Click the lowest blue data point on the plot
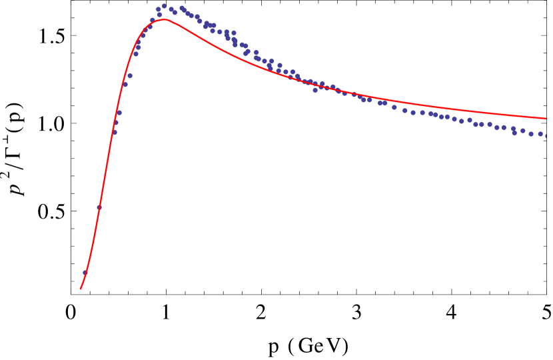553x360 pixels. click(85, 273)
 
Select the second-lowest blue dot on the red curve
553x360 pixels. click(99, 207)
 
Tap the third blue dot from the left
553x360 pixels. click(115, 133)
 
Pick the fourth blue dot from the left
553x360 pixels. click(116, 123)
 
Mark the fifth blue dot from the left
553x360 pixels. click(119, 113)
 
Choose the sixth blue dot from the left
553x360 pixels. click(125, 85)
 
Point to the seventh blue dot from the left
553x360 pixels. click(130, 76)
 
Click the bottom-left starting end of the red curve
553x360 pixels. click(81, 289)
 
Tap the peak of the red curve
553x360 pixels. click(165, 19)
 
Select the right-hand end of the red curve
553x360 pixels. click(546, 119)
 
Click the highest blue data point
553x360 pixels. click(164, 6)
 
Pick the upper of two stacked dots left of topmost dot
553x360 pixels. click(159, 9)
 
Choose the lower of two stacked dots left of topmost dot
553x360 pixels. click(159, 15)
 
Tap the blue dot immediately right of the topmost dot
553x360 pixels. click(171, 9)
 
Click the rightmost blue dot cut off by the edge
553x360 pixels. click(546, 136)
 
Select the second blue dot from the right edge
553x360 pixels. click(540, 134)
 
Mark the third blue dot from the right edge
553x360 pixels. click(531, 134)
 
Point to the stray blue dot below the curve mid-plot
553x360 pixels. click(315, 90)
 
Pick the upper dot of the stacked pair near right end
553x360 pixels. click(514, 129)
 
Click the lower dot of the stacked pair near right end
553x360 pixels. click(514, 133)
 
